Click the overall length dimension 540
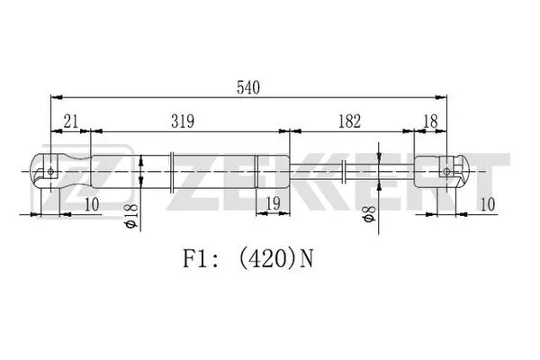(x=248, y=87)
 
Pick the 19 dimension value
(x=273, y=205)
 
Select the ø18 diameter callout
(x=131, y=216)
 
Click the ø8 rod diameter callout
(x=368, y=215)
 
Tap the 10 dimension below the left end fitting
(x=92, y=205)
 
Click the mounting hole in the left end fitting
(x=52, y=169)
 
